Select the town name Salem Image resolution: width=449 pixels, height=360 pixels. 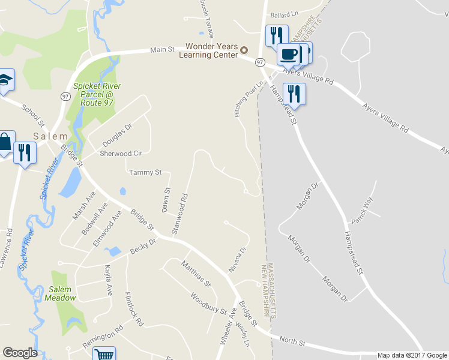point(50,136)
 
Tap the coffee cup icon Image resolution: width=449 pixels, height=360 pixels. point(289,54)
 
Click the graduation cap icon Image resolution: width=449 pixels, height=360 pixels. point(5,80)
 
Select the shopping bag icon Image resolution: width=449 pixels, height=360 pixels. point(5,143)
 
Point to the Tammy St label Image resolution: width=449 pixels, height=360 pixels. point(145,172)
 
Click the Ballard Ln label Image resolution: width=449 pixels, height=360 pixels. point(284,14)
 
